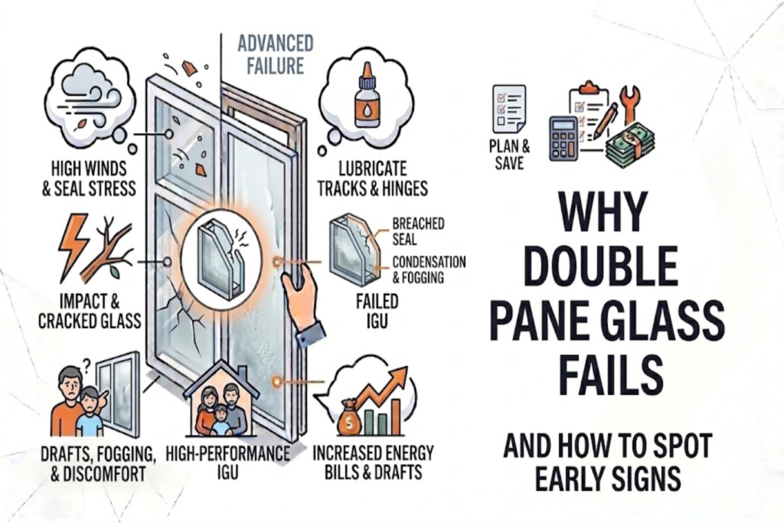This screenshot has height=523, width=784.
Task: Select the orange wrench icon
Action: tap(631, 104)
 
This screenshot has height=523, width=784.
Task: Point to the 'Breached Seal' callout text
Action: tap(418, 230)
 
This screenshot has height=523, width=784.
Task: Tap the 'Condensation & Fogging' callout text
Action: tap(429, 269)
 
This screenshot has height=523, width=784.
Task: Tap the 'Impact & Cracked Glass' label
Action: tap(90, 311)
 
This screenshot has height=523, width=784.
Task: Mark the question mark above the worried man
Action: tap(89, 367)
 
